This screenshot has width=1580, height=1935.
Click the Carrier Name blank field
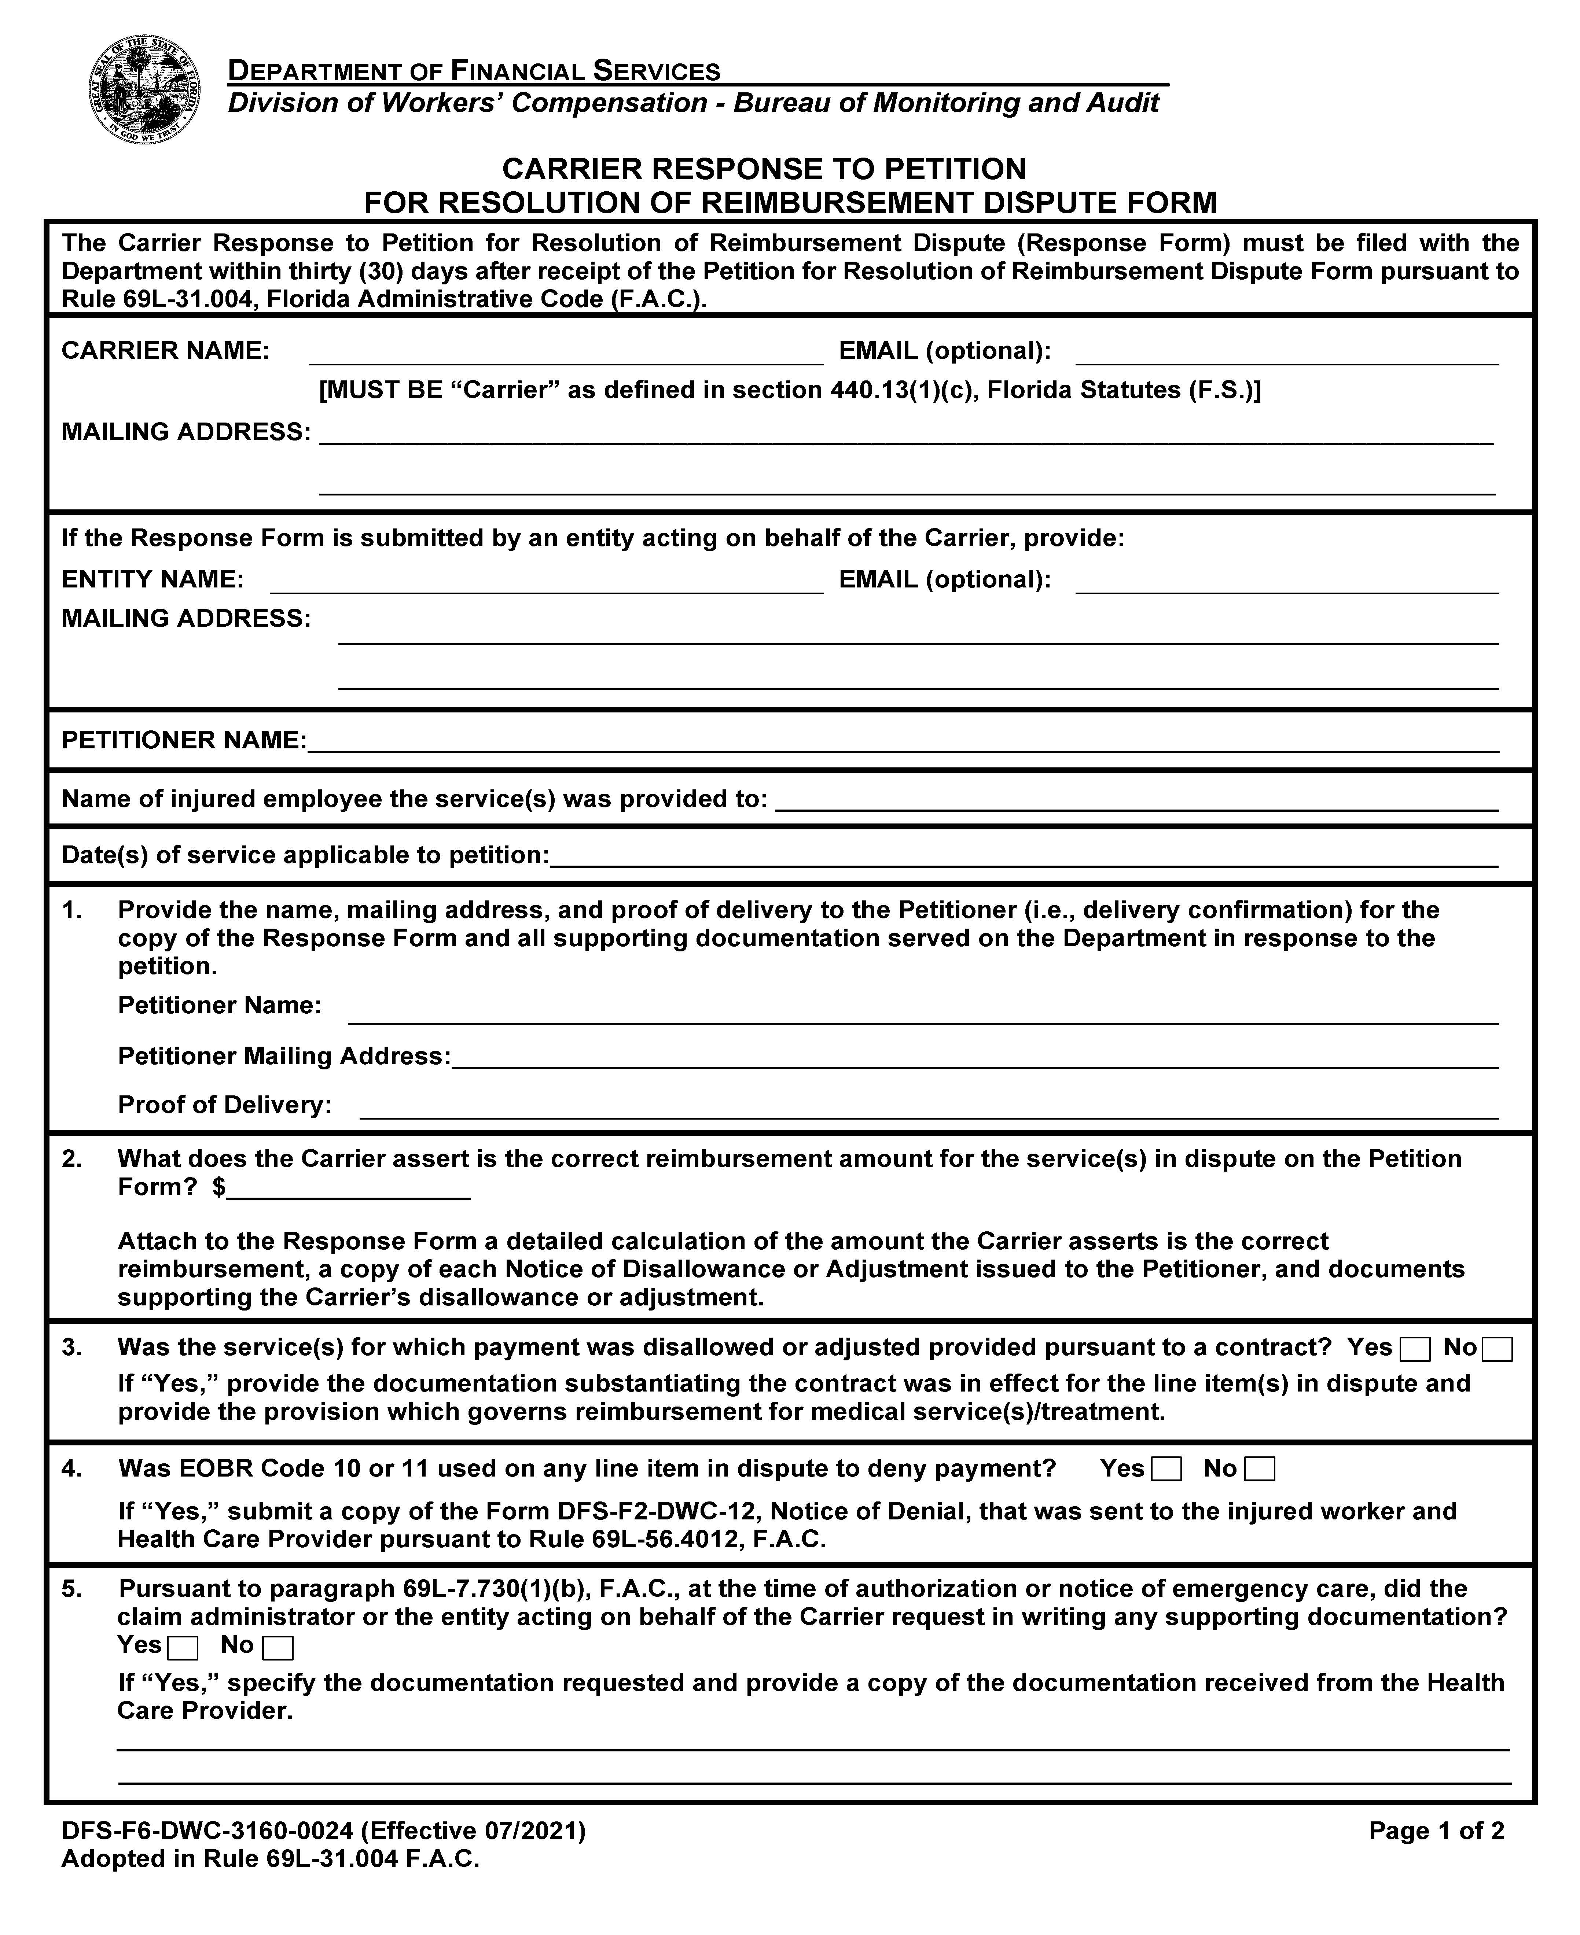[x=566, y=353]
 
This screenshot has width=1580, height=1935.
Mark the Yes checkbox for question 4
[x=1166, y=1469]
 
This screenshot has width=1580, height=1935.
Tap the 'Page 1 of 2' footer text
[x=1436, y=1831]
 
